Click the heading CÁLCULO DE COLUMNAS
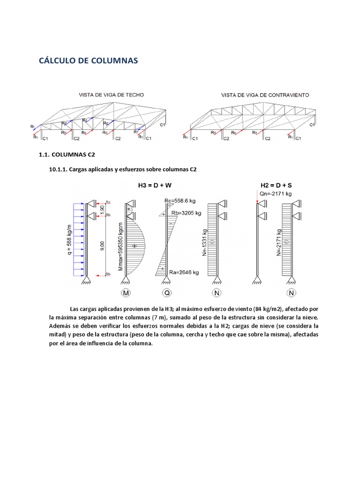88,61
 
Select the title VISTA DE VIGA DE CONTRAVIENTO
265,95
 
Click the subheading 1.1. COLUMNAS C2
69,155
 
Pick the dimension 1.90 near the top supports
102,209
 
